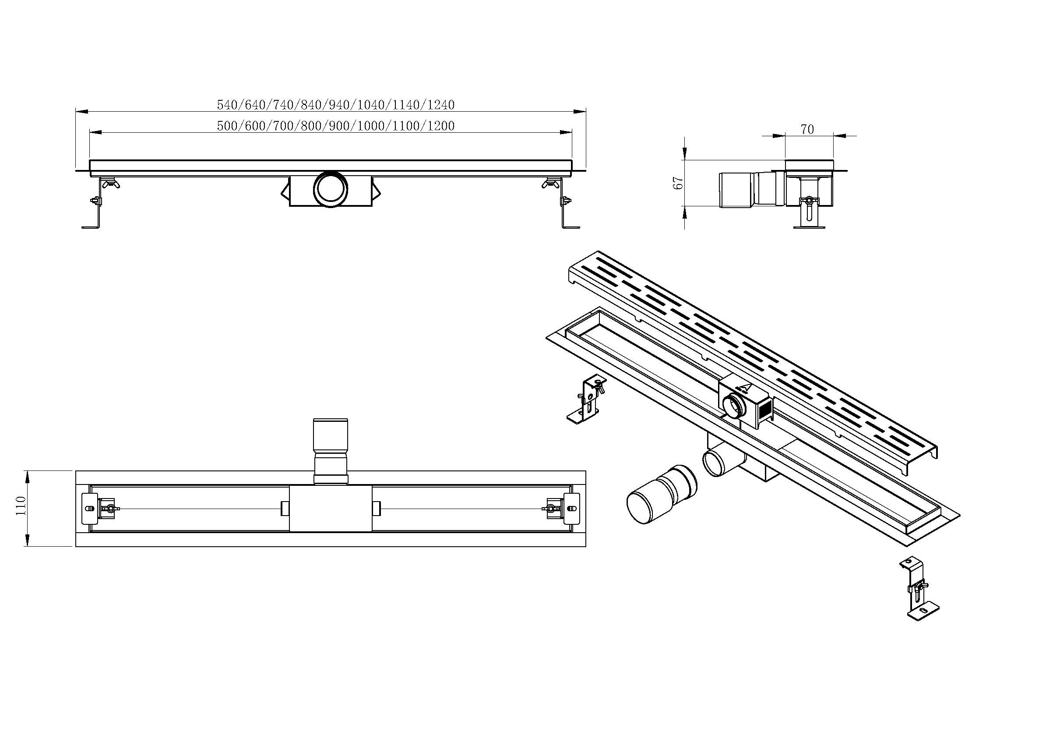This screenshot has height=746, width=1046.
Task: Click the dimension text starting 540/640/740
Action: (x=336, y=105)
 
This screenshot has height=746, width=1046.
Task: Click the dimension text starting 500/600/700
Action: (x=336, y=126)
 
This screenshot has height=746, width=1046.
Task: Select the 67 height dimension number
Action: (x=678, y=183)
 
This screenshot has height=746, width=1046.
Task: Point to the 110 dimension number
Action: (x=21, y=506)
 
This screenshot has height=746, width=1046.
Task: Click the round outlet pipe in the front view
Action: (x=331, y=189)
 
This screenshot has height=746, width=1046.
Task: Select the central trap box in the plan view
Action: (x=331, y=509)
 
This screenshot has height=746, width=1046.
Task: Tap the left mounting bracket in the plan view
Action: (x=91, y=509)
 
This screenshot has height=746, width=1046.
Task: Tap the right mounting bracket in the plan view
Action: (x=571, y=509)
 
